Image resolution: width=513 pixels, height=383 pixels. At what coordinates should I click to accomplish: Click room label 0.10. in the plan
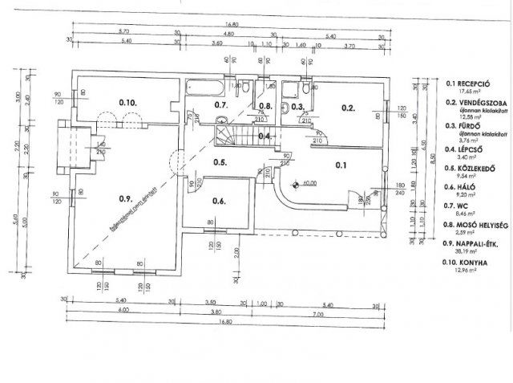click(128, 103)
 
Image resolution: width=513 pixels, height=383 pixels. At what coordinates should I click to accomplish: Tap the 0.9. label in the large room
click(124, 198)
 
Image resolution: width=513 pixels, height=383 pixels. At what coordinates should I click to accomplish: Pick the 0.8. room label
click(265, 106)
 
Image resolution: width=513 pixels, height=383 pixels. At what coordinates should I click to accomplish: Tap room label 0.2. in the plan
click(347, 107)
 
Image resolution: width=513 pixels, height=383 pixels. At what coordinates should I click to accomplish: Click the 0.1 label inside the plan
click(340, 166)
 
